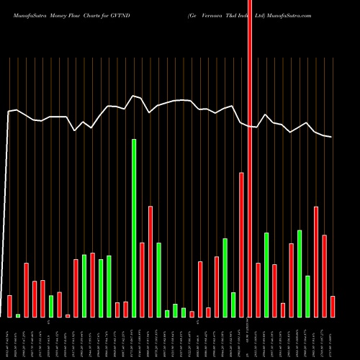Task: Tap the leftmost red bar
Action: pyautogui.click(x=10, y=306)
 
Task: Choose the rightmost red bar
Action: pyautogui.click(x=332, y=306)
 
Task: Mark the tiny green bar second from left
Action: pyautogui.click(x=18, y=315)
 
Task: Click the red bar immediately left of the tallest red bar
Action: pyautogui.click(x=241, y=245)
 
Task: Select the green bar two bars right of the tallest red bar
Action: pyautogui.click(x=266, y=274)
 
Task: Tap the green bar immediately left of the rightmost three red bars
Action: pyautogui.click(x=307, y=296)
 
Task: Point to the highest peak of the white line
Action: pyautogui.click(x=133, y=95)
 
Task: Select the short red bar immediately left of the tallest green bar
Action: pyautogui.click(x=125, y=309)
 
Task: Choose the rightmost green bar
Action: pyautogui.click(x=307, y=296)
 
